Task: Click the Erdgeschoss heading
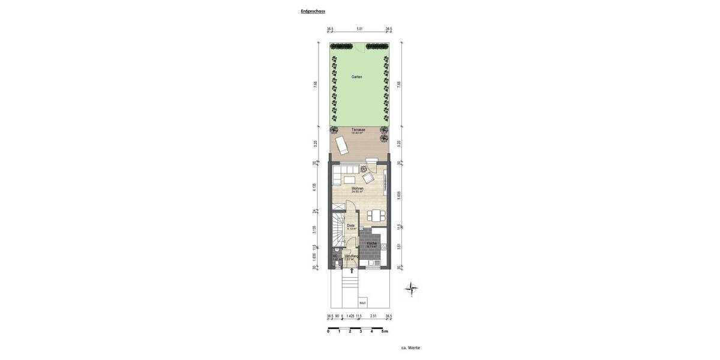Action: (313, 11)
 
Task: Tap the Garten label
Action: (357, 77)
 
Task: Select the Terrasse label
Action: (358, 131)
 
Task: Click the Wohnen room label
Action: (358, 189)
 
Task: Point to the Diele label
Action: (350, 226)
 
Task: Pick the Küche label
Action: (372, 244)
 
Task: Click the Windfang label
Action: (352, 256)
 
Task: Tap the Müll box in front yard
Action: (362, 303)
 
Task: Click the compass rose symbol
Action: (412, 289)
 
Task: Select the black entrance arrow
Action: (352, 271)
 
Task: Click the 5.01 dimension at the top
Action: (359, 29)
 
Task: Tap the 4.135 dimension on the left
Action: (314, 187)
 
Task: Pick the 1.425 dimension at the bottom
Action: (350, 316)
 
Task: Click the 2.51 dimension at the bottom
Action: (373, 316)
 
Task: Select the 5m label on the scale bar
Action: (385, 331)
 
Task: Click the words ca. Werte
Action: (410, 347)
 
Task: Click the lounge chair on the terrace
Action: (341, 145)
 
